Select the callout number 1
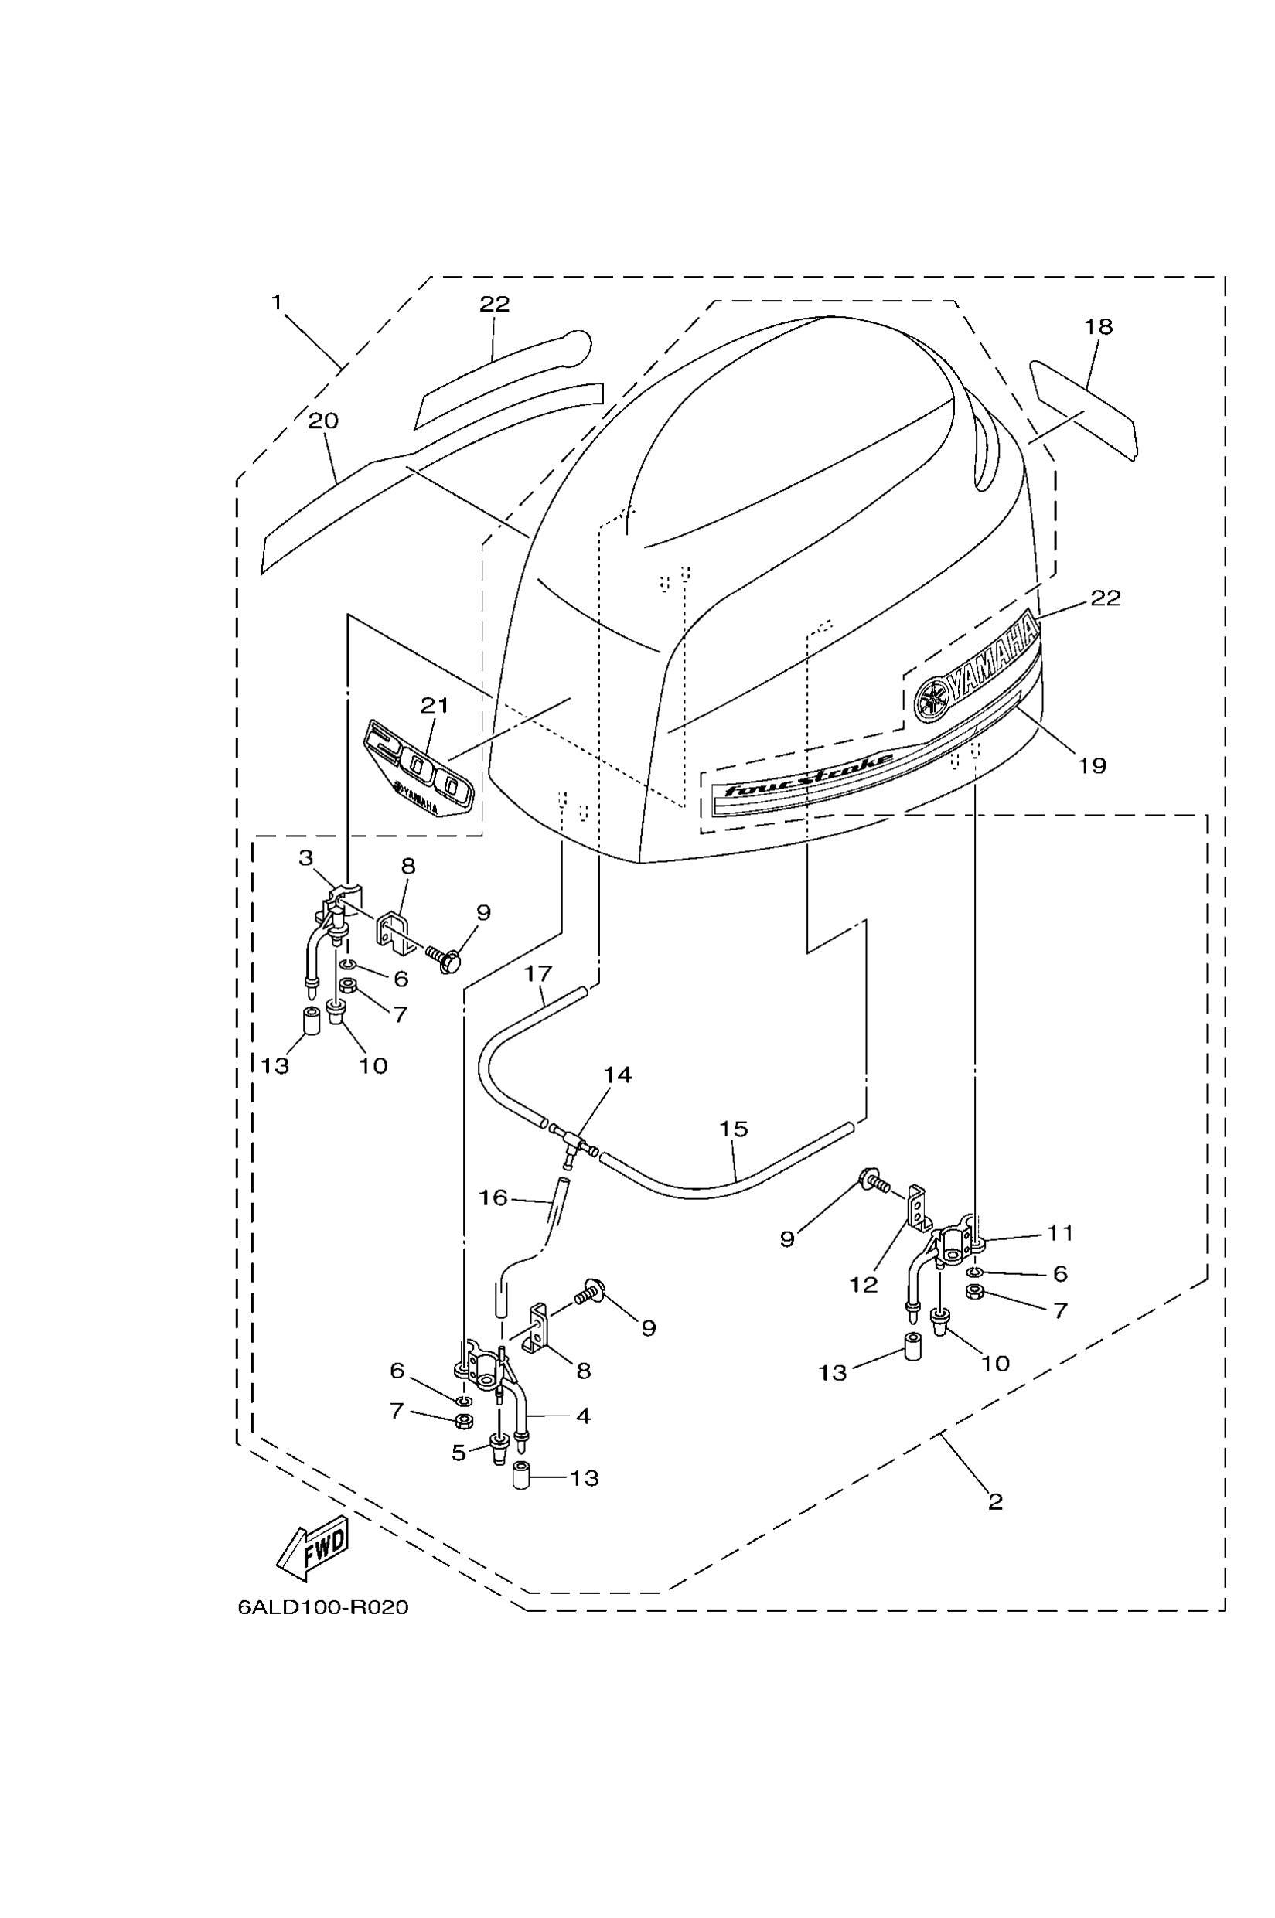(x=277, y=302)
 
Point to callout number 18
(x=1098, y=327)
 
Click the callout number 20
(x=323, y=421)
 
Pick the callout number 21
(x=435, y=705)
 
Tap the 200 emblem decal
(x=418, y=768)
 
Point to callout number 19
(x=1092, y=765)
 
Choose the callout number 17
(x=538, y=973)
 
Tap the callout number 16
(x=493, y=1197)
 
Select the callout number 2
(x=995, y=1502)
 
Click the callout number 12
(x=864, y=1285)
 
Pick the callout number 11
(x=1059, y=1233)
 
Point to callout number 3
(x=305, y=858)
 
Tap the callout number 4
(x=583, y=1416)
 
